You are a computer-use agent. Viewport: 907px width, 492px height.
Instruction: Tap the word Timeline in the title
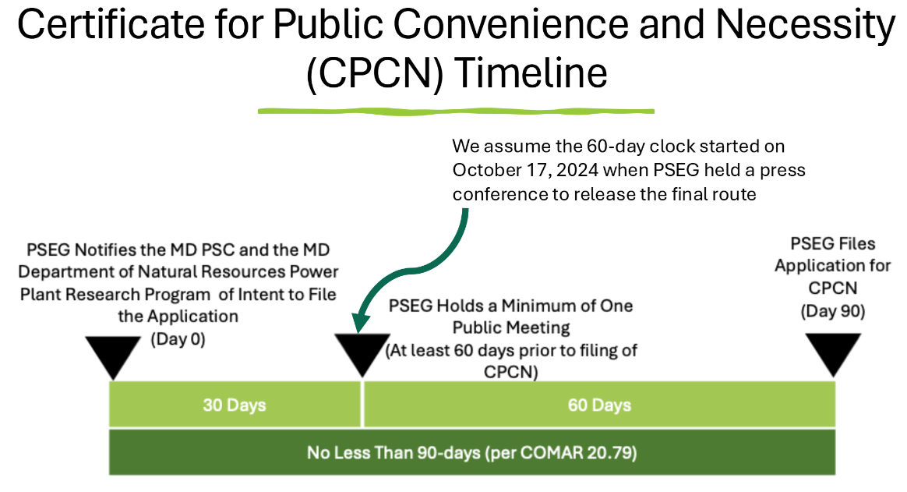pos(531,73)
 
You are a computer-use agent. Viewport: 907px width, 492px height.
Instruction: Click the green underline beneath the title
pos(456,111)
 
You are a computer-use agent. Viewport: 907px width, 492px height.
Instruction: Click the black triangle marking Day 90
pos(834,354)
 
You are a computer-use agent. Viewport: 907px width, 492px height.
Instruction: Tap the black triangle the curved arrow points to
pos(362,354)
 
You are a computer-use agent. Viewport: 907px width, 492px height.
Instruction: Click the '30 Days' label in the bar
pos(235,405)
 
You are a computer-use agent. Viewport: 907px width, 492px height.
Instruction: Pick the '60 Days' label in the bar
pos(599,405)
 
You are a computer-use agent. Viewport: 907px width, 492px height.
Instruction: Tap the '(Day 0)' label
pos(178,338)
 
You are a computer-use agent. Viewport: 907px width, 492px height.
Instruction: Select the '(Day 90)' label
pos(833,311)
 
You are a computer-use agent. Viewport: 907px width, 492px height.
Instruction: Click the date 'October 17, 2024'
pos(525,170)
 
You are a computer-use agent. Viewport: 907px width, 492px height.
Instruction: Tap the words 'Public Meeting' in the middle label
pos(511,327)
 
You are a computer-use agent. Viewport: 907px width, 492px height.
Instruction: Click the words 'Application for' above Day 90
pos(833,266)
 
